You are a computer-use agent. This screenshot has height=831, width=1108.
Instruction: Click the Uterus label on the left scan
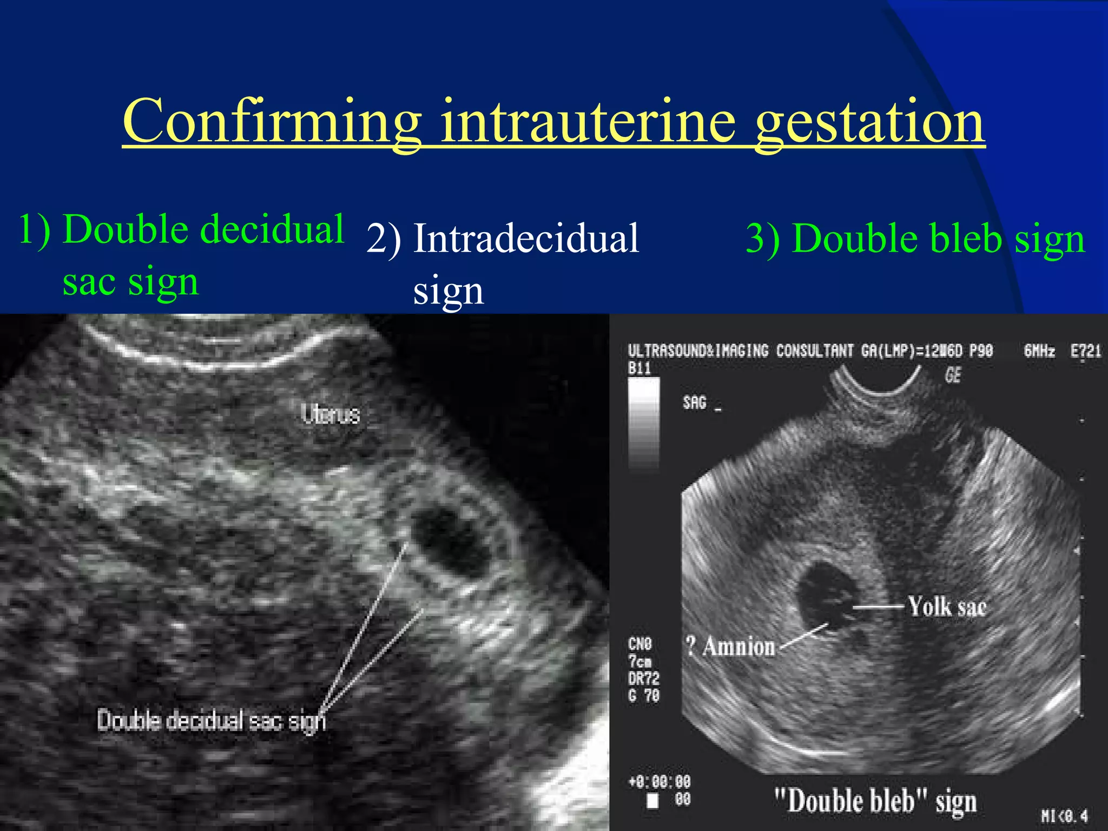(331, 415)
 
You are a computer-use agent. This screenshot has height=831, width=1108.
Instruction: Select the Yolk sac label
(947, 606)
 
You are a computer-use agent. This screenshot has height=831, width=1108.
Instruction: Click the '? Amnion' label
(730, 647)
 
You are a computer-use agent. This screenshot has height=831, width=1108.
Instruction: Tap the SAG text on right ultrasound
(695, 403)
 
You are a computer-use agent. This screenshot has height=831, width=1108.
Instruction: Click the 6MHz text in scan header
(1039, 352)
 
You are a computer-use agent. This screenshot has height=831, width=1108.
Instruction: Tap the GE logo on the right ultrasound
(953, 375)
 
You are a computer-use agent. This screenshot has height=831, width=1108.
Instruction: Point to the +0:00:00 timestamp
(659, 782)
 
